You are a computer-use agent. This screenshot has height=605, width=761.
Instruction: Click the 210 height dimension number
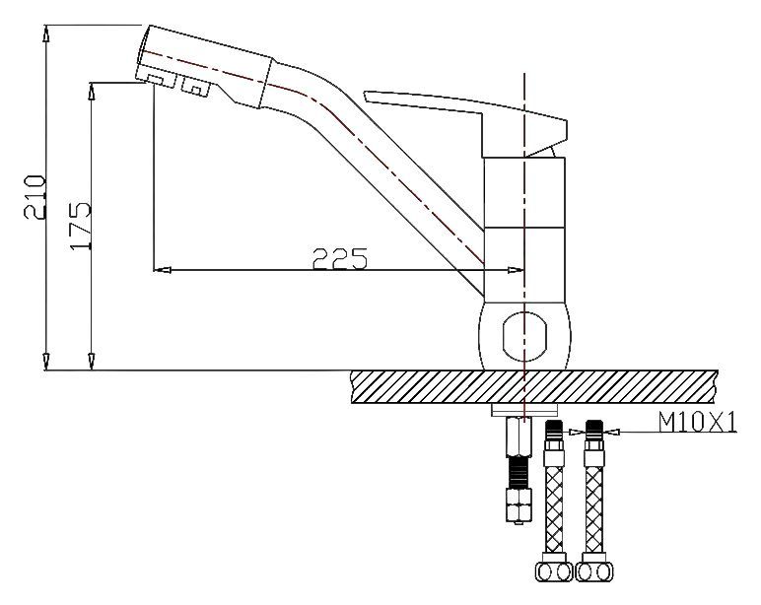[x=35, y=197]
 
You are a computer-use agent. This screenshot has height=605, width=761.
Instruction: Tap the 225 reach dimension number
[x=340, y=258]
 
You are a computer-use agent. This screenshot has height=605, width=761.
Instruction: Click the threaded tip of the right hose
[x=594, y=430]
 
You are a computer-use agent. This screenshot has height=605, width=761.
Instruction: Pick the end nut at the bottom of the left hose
[x=554, y=571]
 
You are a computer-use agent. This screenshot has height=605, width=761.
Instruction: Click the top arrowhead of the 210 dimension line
[x=48, y=32]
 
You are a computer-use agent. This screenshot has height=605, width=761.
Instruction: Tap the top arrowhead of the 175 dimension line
[x=91, y=90]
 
